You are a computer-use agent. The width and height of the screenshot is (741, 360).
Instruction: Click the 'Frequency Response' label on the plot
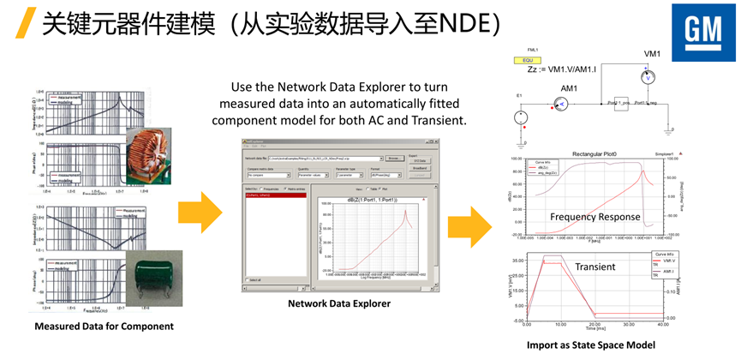(x=595, y=217)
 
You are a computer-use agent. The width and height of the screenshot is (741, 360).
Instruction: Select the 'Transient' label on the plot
(x=595, y=267)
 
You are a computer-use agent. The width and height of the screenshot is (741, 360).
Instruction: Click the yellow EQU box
(x=522, y=61)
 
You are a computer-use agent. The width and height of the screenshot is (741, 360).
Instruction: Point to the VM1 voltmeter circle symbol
(x=648, y=77)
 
